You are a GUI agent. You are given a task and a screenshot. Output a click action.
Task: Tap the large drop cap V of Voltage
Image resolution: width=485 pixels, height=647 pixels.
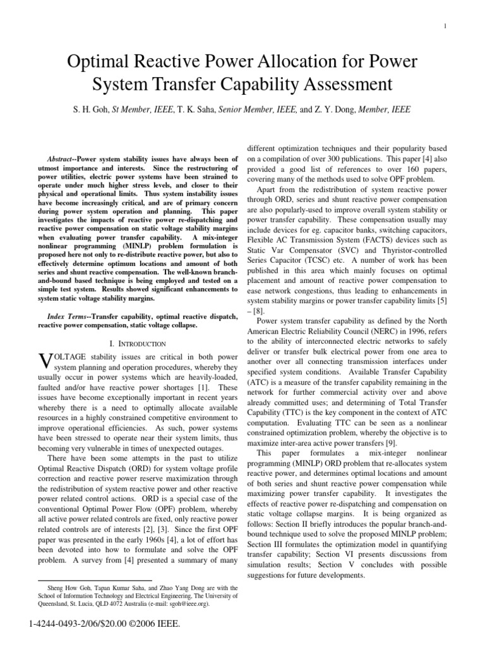44,360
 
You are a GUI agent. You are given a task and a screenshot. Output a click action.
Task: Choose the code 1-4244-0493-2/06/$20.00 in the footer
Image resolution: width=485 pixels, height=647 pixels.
80,625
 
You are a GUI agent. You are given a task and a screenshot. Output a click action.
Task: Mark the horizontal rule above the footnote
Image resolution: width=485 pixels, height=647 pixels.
95,580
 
